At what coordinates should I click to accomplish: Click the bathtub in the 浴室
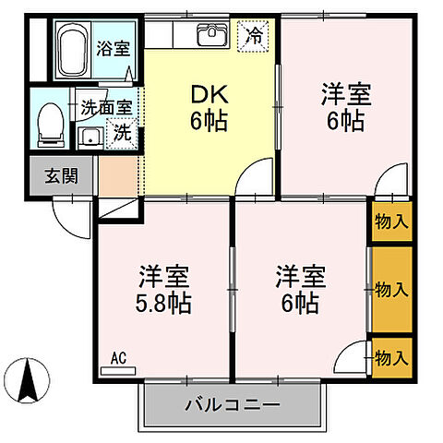click(x=71, y=52)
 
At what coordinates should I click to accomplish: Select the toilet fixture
click(x=51, y=125)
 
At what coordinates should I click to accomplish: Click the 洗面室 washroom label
click(x=105, y=106)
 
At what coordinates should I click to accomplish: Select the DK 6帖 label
click(x=210, y=107)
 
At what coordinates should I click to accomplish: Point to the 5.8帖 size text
click(x=165, y=302)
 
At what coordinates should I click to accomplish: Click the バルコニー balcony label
click(x=232, y=404)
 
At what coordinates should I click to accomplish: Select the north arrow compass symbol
click(x=29, y=378)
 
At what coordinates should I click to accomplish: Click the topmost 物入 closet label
click(x=391, y=221)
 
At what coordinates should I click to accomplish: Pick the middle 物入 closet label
click(x=391, y=290)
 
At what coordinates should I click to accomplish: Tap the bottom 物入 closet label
click(x=391, y=356)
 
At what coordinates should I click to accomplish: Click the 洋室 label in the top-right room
click(x=345, y=94)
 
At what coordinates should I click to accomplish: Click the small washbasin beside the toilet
click(x=90, y=138)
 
